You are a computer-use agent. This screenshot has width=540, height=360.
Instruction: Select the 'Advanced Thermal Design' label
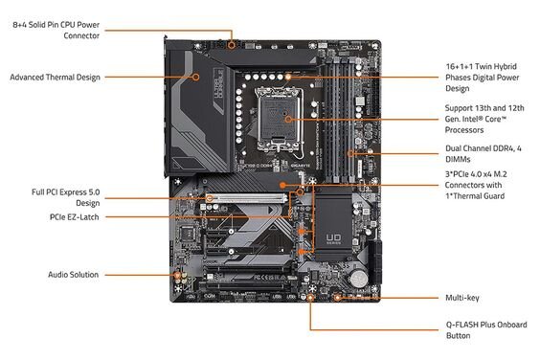55,77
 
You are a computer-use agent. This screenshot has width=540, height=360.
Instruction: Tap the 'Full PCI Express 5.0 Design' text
63,197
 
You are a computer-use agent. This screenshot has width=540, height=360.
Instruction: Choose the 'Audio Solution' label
73,275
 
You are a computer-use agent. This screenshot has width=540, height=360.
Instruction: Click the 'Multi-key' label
466,298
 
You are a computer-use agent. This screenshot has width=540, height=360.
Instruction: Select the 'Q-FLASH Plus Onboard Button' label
485,330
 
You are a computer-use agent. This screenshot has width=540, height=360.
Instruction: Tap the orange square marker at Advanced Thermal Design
196,77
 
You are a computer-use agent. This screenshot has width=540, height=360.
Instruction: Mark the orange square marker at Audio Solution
188,276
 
